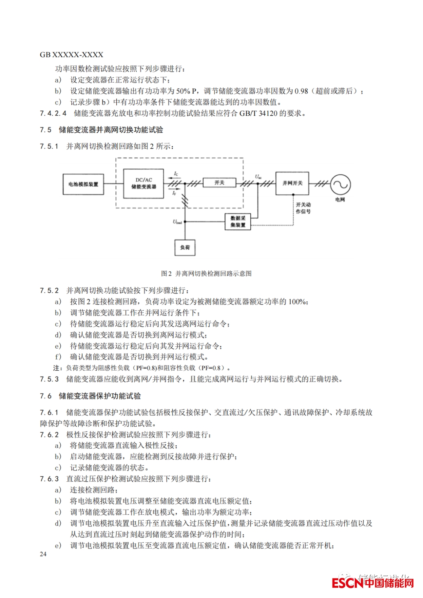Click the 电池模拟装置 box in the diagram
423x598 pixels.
[x=83, y=184]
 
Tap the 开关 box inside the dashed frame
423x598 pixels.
[x=219, y=183]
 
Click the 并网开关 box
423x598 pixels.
[x=292, y=183]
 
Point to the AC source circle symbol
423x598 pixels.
[x=340, y=184]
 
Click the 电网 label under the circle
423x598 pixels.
[x=340, y=200]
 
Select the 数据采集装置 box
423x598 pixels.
[x=238, y=222]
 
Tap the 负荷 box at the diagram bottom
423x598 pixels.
[x=185, y=247]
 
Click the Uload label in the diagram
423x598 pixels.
[x=177, y=222]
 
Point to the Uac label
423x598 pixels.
[x=258, y=177]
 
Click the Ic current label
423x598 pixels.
[x=176, y=173]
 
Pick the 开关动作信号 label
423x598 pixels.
[x=303, y=208]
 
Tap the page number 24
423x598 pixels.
[x=43, y=554]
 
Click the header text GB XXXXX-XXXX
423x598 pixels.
[x=72, y=55]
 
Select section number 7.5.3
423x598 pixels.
[x=49, y=379]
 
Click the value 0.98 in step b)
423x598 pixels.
[x=301, y=91]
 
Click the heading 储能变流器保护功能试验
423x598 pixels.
[x=100, y=396]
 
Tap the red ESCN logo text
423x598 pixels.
[x=347, y=583]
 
